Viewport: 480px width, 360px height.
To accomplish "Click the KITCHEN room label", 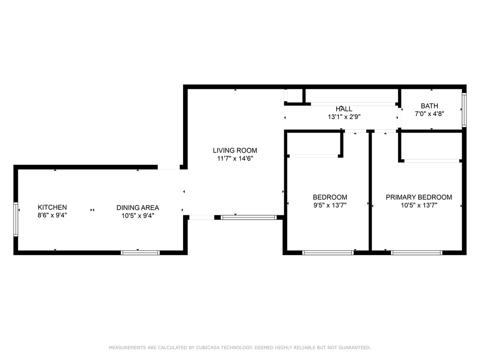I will [52, 207].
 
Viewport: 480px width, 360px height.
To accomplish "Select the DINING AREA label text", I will [137, 208].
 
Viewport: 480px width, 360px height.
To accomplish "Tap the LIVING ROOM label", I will [235, 150].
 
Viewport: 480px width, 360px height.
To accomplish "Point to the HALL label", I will [344, 109].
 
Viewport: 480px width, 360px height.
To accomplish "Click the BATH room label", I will [429, 106].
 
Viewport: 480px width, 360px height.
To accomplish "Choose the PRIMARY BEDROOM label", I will [419, 197].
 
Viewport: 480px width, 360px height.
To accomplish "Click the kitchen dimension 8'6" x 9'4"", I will [52, 215].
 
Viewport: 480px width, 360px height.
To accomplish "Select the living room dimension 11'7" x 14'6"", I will [235, 158].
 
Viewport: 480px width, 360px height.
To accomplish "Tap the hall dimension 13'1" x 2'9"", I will [344, 116].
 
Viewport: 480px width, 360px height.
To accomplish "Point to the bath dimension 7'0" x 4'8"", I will [429, 114].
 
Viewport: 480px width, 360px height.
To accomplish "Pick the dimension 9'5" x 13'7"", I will [330, 205].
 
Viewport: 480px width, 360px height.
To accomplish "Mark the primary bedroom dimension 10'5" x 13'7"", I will [419, 205].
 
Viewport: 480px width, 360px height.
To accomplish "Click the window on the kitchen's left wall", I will [16, 219].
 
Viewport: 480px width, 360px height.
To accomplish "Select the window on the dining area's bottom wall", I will [140, 253].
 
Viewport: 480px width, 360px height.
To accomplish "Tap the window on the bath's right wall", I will [464, 109].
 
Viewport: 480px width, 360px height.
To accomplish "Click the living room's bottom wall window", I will [248, 217].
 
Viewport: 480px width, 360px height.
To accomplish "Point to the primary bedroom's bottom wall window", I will [416, 253].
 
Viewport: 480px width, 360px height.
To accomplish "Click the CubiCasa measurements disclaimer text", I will [240, 348].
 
